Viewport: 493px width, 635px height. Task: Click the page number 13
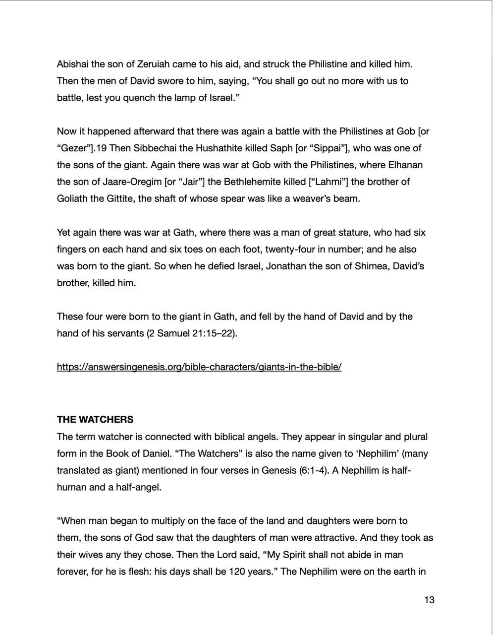pyautogui.click(x=429, y=600)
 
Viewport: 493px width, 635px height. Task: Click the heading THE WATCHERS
pyautogui.click(x=95, y=420)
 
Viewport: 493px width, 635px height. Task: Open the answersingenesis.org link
pyautogui.click(x=199, y=367)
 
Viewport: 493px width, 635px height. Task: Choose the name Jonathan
pyautogui.click(x=285, y=266)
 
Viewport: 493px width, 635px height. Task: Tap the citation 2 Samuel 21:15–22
pyautogui.click(x=192, y=333)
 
